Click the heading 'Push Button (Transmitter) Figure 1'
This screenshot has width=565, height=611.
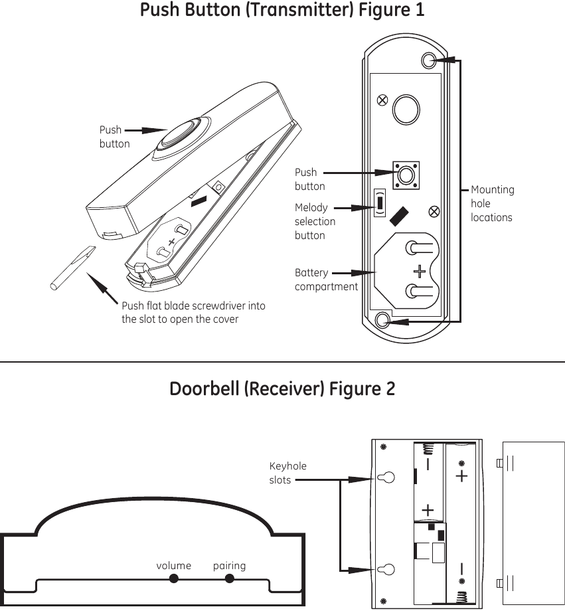pyautogui.click(x=282, y=11)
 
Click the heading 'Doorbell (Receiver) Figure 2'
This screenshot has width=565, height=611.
pyautogui.click(x=282, y=389)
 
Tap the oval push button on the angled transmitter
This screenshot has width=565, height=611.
pyautogui.click(x=178, y=136)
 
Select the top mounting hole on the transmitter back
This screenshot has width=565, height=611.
pyautogui.click(x=430, y=60)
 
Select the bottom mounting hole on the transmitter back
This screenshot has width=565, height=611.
pyautogui.click(x=382, y=321)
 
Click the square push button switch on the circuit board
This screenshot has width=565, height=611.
pyautogui.click(x=405, y=175)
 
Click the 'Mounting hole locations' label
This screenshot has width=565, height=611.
pyautogui.click(x=492, y=203)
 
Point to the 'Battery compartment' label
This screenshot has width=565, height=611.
pyautogui.click(x=326, y=280)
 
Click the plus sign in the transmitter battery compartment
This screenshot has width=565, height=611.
pyautogui.click(x=420, y=271)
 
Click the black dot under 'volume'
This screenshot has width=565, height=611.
pyautogui.click(x=174, y=579)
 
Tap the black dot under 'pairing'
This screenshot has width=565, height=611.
pyautogui.click(x=230, y=579)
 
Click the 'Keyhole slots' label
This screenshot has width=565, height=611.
pyautogui.click(x=287, y=473)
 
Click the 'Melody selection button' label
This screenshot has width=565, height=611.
pyautogui.click(x=315, y=221)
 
